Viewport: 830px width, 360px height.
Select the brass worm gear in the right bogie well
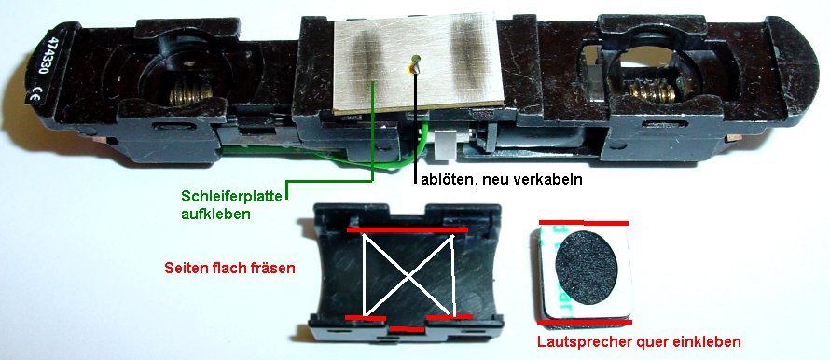coord(655,92)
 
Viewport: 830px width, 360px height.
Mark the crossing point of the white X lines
coord(408,275)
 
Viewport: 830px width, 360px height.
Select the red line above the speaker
coord(583,223)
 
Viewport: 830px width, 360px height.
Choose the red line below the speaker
coord(585,322)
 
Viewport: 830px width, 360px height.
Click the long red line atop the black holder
coord(407,229)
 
